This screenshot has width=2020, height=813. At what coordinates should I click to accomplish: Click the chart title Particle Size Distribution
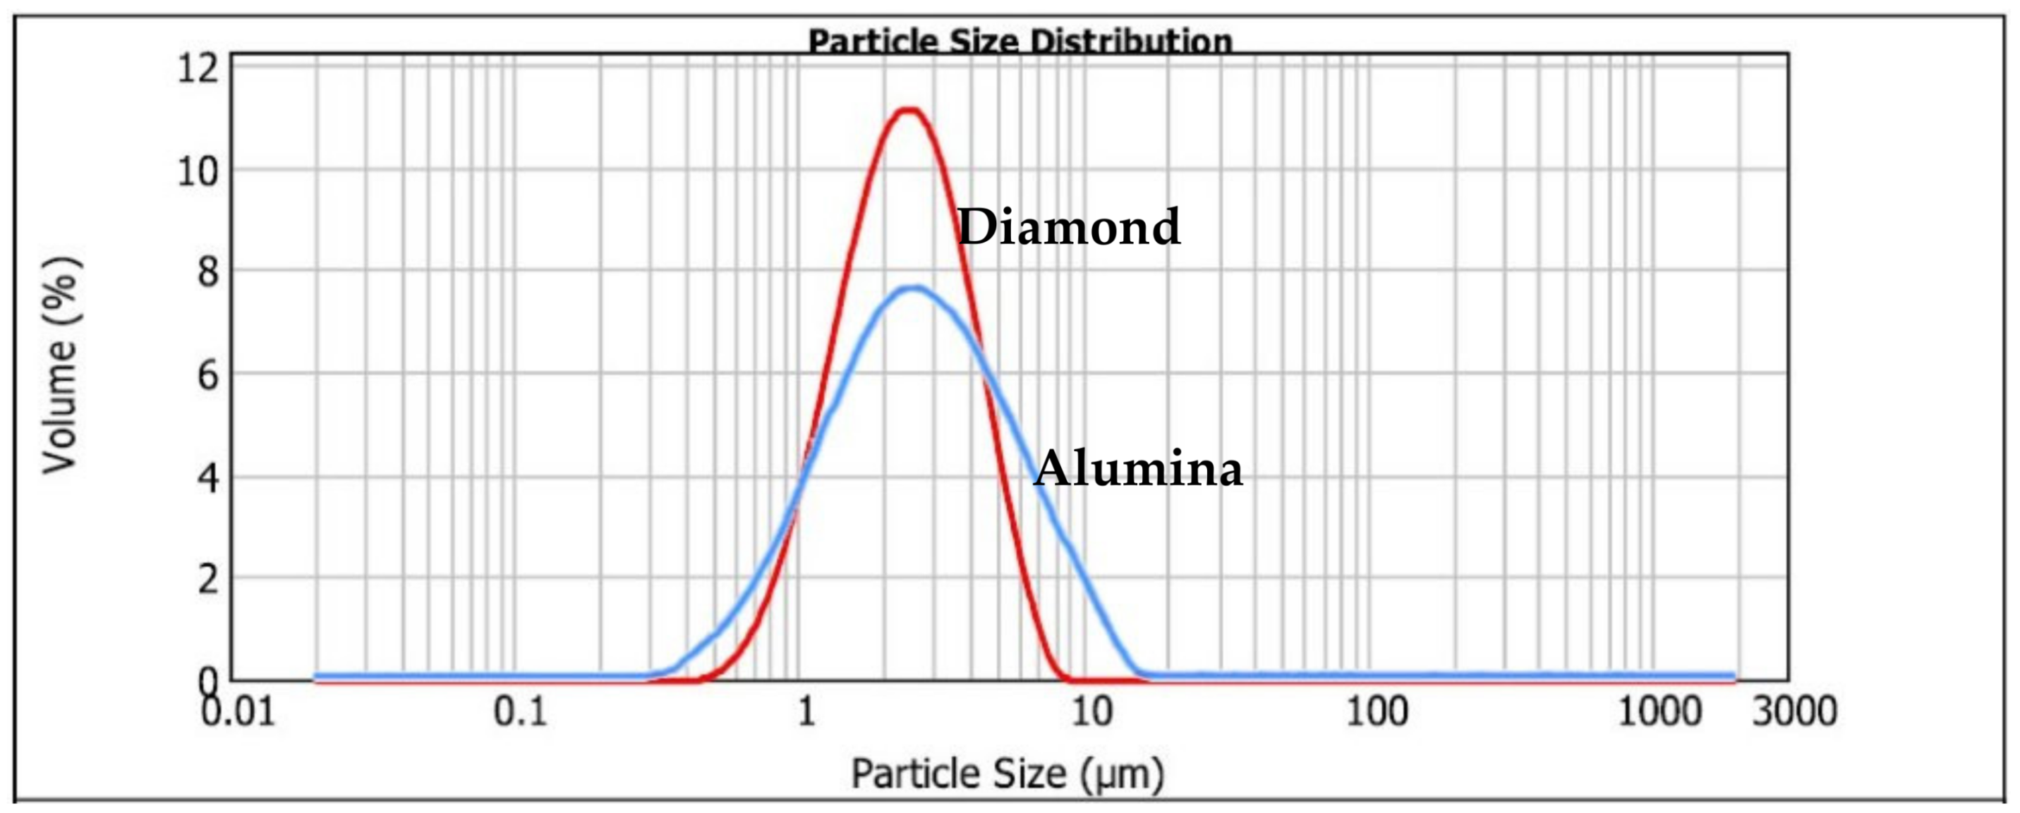tap(1020, 41)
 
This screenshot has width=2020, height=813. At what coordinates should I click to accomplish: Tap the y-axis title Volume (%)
tap(61, 365)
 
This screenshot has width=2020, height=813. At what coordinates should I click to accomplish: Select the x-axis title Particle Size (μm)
tap(1008, 774)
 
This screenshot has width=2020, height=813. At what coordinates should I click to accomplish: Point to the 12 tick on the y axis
tap(198, 68)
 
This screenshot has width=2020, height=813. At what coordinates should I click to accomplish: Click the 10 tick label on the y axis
tap(198, 170)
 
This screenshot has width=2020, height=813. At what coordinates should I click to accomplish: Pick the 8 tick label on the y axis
tap(208, 272)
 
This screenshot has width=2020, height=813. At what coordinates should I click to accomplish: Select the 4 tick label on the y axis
tap(208, 477)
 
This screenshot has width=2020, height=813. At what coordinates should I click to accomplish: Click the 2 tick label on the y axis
tap(208, 580)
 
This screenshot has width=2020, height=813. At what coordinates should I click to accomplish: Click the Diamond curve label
tap(1069, 227)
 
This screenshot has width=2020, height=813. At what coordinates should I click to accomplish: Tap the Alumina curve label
tap(1138, 469)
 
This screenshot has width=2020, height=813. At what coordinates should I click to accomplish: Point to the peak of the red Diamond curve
tap(909, 110)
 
